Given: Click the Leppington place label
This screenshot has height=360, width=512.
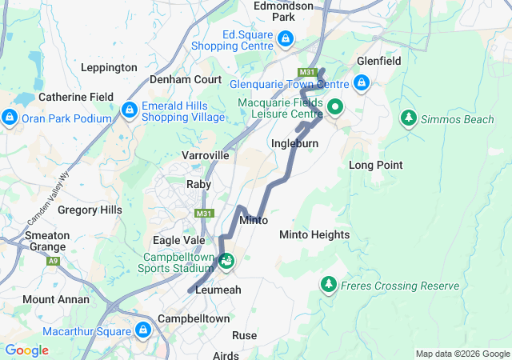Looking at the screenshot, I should [109, 68].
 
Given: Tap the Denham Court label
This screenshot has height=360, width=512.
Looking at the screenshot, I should [186, 80].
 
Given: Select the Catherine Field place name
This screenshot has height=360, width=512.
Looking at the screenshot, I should [76, 97].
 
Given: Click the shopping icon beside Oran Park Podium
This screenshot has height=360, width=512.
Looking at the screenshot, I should [10, 118].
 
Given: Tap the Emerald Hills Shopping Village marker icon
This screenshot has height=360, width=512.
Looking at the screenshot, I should [129, 109].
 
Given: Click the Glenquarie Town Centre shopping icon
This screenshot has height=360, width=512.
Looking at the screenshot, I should [362, 82].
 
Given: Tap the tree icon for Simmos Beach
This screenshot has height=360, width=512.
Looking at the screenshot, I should [408, 118].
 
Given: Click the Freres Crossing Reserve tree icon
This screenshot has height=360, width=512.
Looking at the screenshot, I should [328, 285].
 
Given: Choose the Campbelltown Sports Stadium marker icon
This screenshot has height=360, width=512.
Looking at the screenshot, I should [227, 260].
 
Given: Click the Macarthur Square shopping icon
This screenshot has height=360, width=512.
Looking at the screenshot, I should [144, 330].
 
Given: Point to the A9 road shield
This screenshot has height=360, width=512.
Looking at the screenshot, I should [53, 261].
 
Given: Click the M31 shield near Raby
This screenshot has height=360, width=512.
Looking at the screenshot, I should [204, 214].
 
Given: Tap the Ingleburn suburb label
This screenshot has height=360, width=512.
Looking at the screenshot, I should [294, 144].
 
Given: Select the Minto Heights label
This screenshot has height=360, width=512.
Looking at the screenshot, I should [314, 234].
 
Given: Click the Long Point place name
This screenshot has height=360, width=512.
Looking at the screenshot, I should [375, 165].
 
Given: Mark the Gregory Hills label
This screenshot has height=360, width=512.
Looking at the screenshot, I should [90, 210].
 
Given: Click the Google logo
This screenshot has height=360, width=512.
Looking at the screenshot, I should [26, 350].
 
